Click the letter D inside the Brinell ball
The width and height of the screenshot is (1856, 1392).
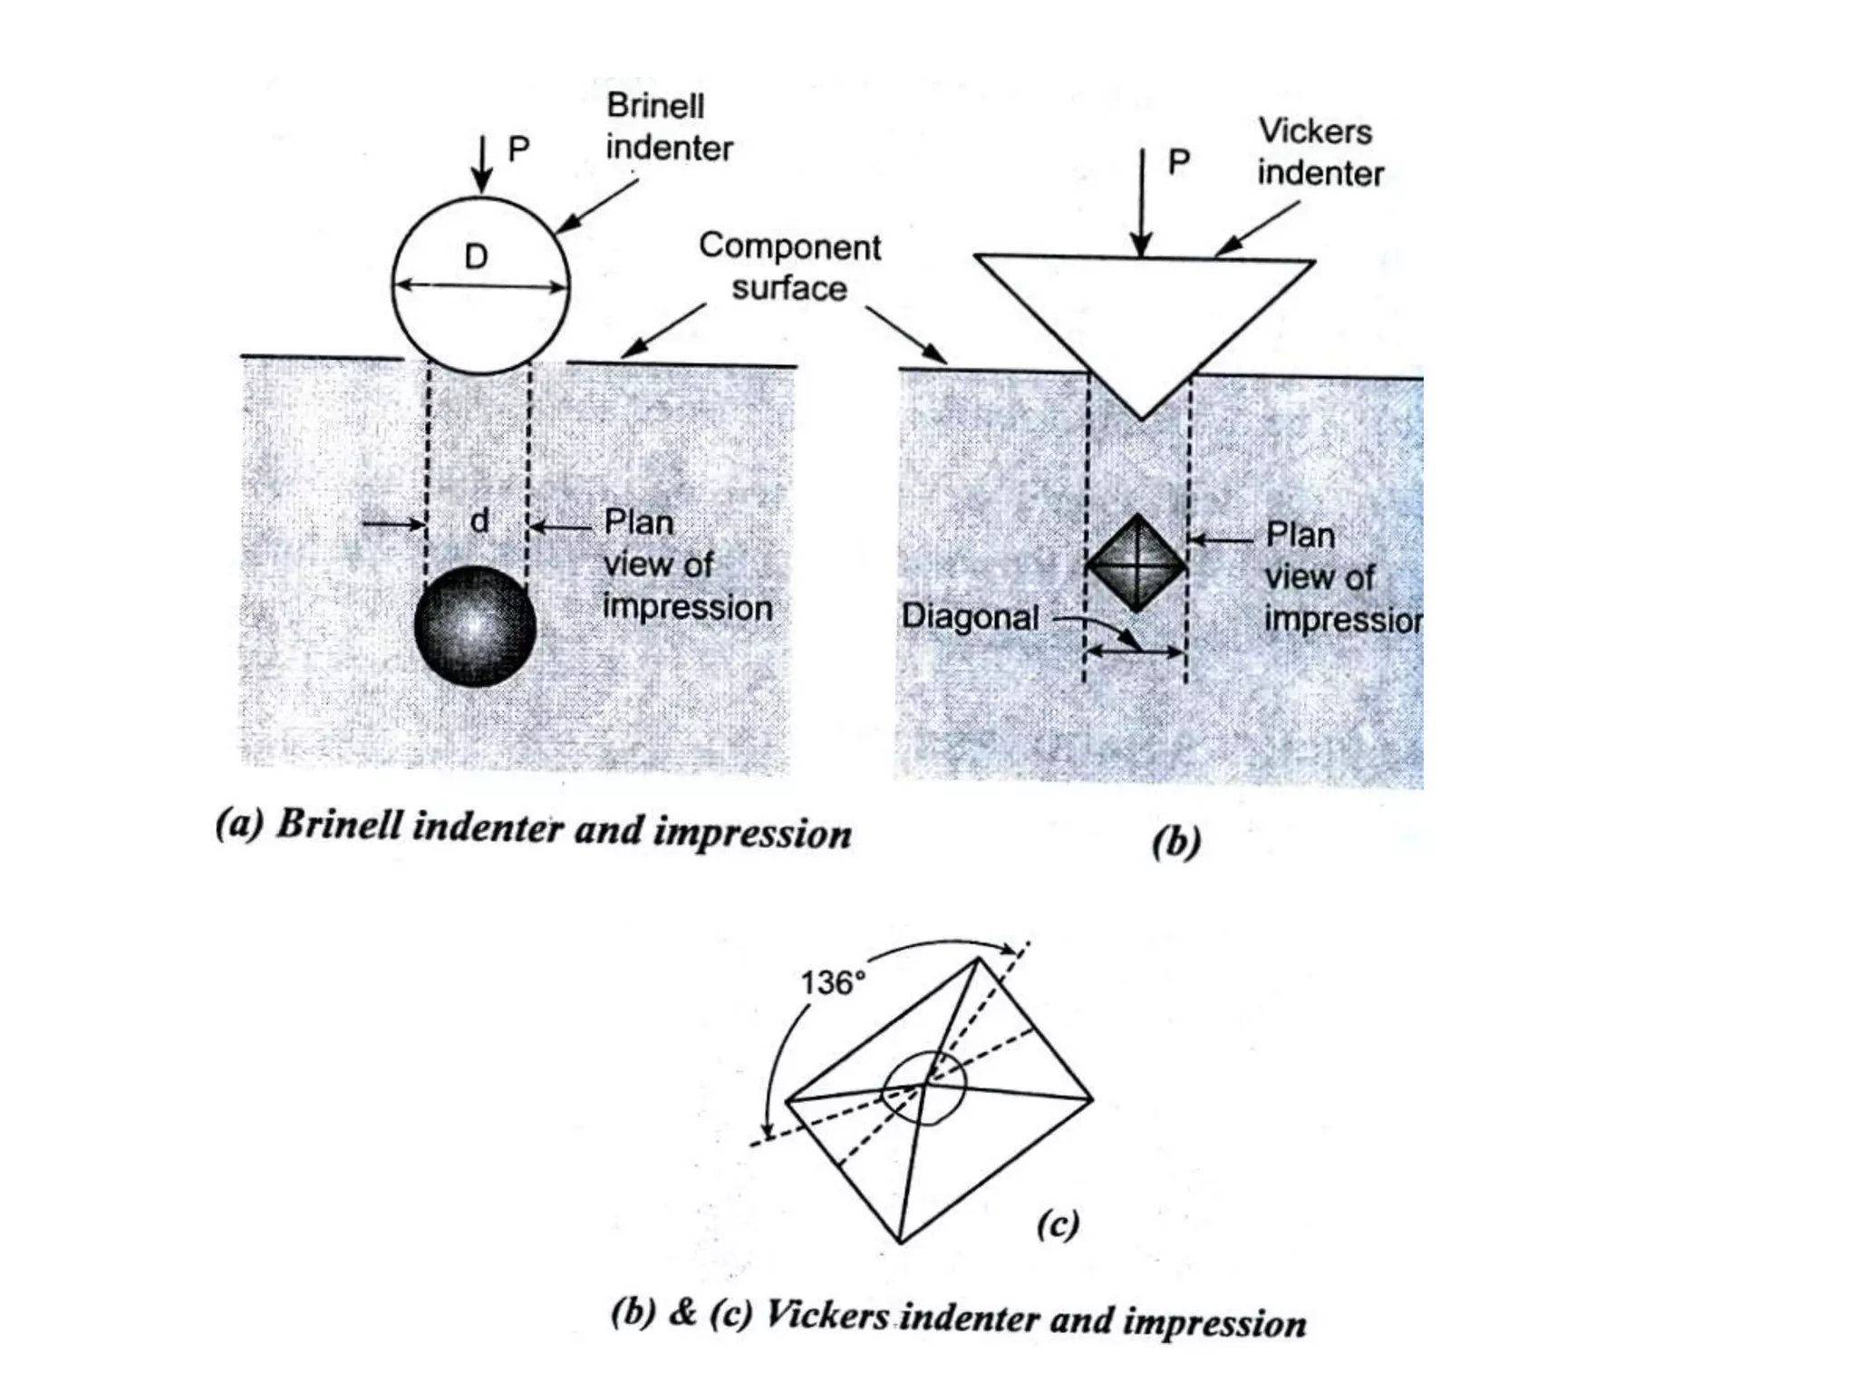coord(476,256)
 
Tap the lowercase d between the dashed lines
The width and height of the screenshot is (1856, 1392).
coord(479,520)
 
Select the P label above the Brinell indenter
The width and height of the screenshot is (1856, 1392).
coord(518,149)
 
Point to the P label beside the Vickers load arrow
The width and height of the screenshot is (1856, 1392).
coord(1178,162)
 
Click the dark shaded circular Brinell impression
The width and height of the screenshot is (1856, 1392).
coord(475,626)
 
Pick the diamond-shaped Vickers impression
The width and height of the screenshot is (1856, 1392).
coord(1136,564)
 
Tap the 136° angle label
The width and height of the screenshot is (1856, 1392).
coord(832,982)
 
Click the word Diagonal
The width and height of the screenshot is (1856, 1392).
coord(970,617)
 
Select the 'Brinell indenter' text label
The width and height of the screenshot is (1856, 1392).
coord(668,127)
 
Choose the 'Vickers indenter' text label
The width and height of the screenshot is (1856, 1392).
coord(1319,152)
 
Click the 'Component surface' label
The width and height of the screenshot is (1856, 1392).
coord(789,267)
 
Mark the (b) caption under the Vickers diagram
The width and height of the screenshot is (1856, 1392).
coord(1175,842)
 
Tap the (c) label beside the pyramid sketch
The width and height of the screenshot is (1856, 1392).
coord(1058,1224)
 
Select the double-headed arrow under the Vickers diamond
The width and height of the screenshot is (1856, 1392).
coord(1136,651)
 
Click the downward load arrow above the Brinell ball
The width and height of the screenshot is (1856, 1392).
coord(482,165)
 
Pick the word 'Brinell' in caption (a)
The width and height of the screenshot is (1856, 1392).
coord(339,826)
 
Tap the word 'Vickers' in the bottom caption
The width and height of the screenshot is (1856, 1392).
coord(826,1315)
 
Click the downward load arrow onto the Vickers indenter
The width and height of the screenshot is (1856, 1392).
coord(1142,204)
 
